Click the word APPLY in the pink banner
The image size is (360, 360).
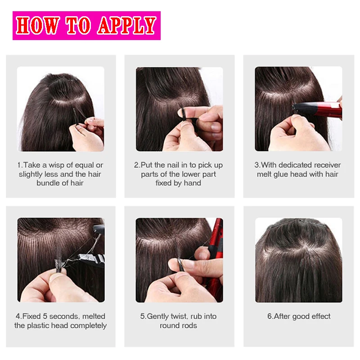point(127,26)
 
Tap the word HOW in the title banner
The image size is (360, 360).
point(38,26)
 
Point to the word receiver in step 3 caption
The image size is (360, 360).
point(328,165)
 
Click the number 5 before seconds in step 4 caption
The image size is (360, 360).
point(45,316)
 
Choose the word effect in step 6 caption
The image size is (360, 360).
point(321,316)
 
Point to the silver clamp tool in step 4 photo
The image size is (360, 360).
point(91,259)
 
